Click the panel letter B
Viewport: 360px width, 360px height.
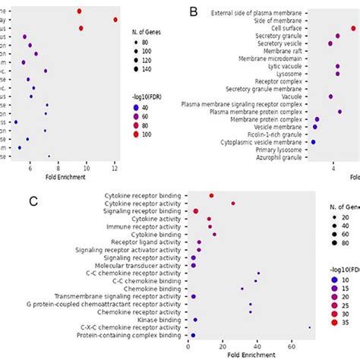click(x=194, y=12)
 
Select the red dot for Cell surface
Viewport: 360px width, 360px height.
click(x=353, y=28)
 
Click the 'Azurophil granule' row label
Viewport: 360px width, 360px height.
click(x=281, y=157)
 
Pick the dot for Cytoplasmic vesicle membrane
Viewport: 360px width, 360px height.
click(x=314, y=142)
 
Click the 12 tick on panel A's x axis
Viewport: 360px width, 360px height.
click(x=115, y=168)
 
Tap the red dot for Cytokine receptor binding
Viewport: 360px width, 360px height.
click(x=211, y=196)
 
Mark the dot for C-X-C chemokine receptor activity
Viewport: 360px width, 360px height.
click(x=309, y=327)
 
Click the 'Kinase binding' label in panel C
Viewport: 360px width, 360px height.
click(x=160, y=320)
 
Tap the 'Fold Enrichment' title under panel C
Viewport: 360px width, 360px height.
click(x=250, y=355)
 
